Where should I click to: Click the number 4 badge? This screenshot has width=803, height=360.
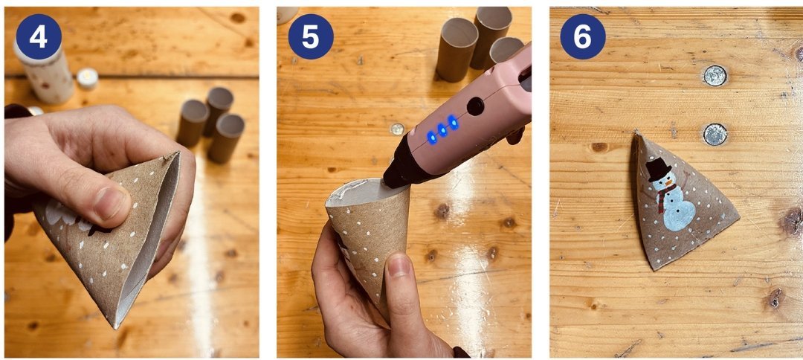point(39,37)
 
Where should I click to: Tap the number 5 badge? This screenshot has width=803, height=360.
point(310,37)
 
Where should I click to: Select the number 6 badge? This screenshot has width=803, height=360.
point(583,37)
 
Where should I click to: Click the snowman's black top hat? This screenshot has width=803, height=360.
point(658,170)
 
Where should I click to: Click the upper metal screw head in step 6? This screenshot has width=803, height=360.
point(715,76)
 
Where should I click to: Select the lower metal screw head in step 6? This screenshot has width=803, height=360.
point(715,134)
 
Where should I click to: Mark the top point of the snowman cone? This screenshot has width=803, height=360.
point(636,132)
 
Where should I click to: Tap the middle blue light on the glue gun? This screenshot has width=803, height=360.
point(442,129)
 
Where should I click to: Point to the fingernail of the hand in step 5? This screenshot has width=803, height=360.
point(398,266)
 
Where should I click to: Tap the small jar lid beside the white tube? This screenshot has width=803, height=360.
point(87,79)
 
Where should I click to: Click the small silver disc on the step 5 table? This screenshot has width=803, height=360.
point(397,129)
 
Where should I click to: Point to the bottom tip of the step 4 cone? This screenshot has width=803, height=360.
point(116,327)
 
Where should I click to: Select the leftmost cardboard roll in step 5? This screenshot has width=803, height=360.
point(457,50)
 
